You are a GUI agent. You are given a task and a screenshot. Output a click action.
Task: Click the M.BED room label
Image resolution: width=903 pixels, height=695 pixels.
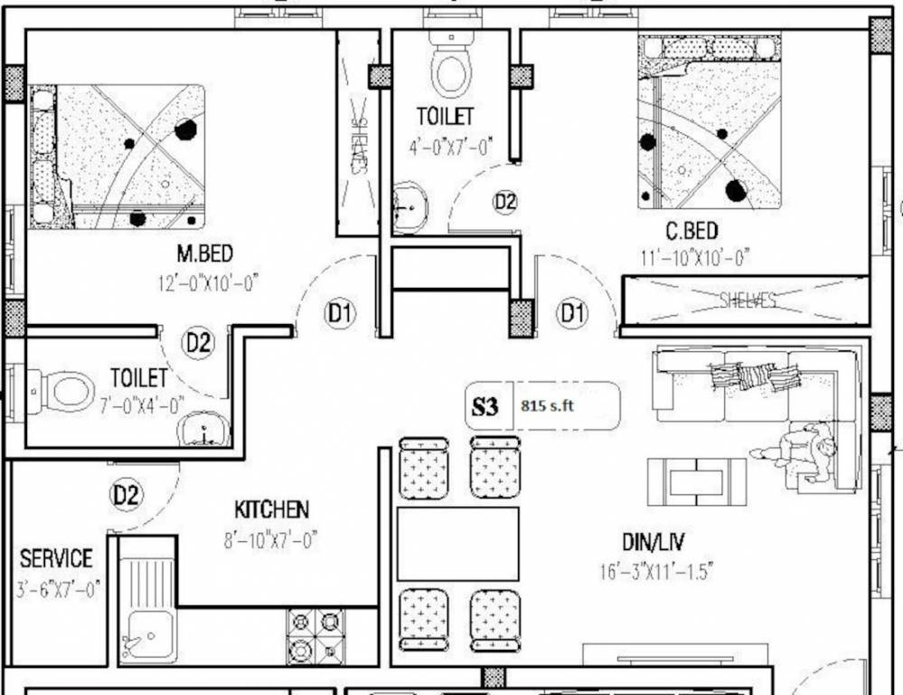(204, 254)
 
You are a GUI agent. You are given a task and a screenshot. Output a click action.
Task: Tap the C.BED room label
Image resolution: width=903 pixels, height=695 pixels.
(691, 229)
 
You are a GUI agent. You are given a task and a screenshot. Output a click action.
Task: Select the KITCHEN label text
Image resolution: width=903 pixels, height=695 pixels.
(271, 509)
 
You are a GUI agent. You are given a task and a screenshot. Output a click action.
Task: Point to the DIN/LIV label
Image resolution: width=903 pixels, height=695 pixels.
(653, 542)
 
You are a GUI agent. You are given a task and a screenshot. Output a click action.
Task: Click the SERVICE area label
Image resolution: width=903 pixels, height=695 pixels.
(56, 558)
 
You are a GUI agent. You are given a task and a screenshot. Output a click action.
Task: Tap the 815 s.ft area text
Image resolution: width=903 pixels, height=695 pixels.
(548, 406)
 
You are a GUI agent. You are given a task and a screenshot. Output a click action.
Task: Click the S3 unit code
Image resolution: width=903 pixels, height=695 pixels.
(485, 406)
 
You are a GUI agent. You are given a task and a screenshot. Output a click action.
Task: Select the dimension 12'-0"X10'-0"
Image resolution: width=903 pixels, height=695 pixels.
(207, 282)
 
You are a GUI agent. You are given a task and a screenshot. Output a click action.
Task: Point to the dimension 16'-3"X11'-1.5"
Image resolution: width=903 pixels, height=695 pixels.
(657, 572)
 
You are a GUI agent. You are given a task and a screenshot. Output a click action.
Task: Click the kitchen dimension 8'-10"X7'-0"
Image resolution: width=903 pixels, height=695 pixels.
(270, 540)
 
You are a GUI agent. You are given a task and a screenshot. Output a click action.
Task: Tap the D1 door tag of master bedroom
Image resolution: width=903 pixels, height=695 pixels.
(341, 314)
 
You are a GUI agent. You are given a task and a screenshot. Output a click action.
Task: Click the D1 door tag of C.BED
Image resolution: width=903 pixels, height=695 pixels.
(571, 314)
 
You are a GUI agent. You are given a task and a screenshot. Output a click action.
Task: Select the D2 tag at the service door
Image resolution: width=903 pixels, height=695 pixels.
(127, 495)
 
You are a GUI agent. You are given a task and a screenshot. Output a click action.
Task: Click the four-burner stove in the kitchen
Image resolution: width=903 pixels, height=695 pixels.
(315, 635)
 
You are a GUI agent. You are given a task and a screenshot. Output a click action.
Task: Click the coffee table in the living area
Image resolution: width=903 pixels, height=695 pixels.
(696, 481)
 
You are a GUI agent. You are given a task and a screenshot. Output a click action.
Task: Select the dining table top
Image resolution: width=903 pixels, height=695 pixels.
(458, 543)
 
